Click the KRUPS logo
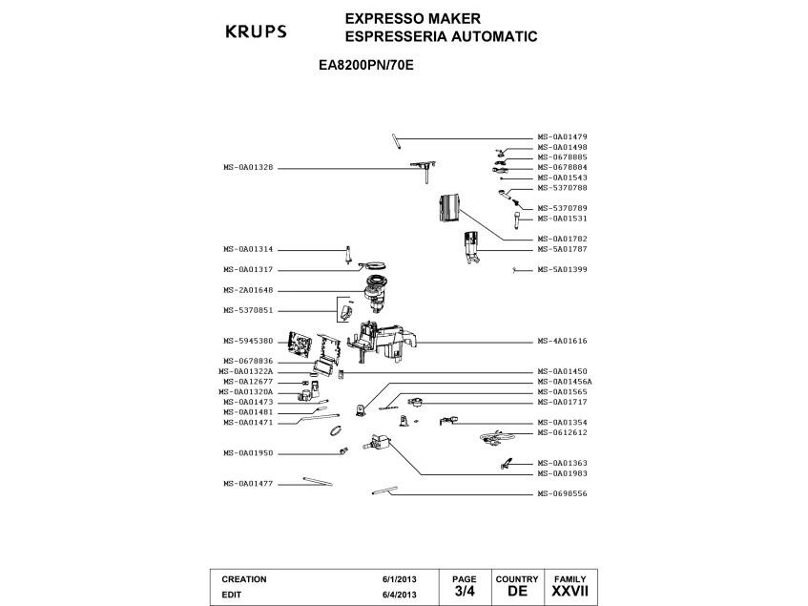256,31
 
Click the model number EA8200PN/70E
366,66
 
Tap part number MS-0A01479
562,137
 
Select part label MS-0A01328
248,167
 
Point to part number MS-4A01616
562,341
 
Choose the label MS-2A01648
248,290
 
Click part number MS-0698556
562,493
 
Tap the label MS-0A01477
248,484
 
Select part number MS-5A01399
562,269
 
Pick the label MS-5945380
248,341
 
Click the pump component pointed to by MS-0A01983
378,443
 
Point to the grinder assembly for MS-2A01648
375,293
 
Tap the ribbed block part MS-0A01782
448,208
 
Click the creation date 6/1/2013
400,579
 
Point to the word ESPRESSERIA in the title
396,36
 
